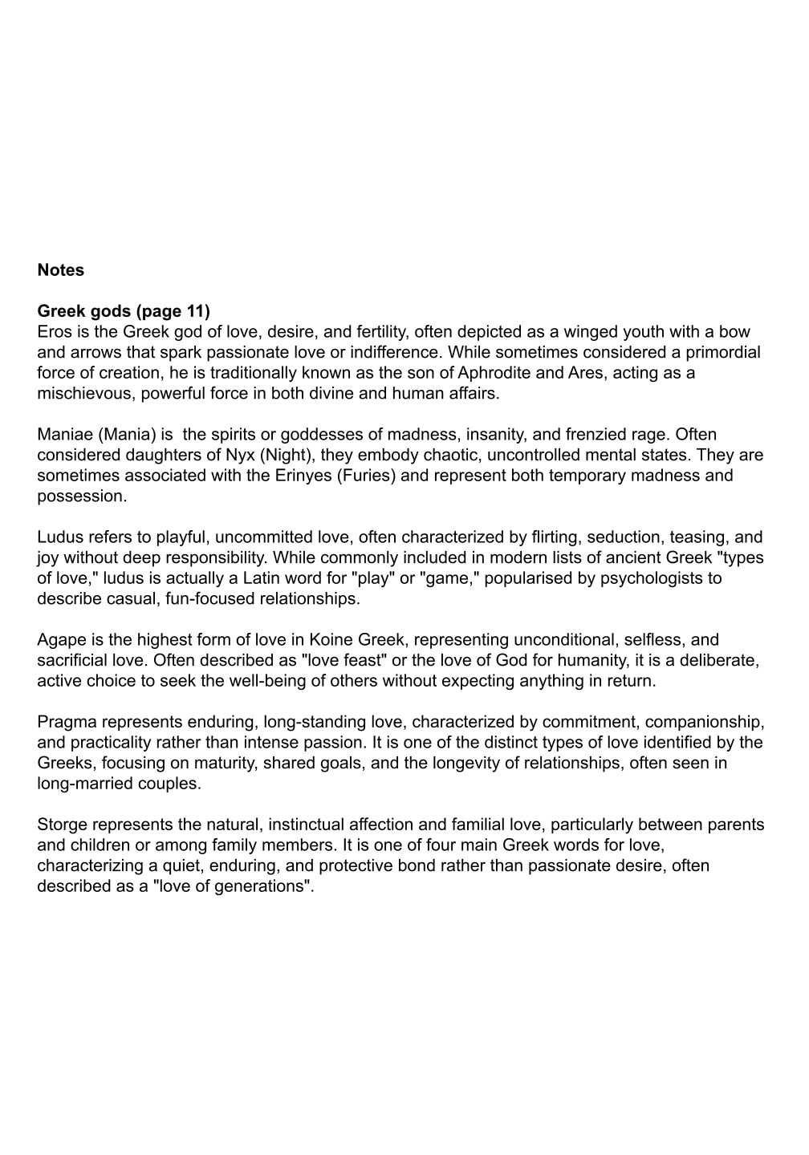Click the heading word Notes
click(x=61, y=270)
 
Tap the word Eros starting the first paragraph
click(x=55, y=332)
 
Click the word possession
click(x=79, y=496)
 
